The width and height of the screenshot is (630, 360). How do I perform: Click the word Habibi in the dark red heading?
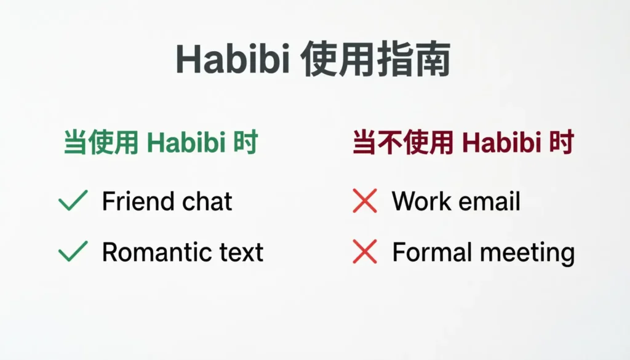500,143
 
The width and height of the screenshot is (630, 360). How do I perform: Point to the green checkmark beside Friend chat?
73,201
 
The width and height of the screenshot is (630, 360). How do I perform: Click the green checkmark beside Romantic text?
73,252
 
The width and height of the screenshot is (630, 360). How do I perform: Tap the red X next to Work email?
365,201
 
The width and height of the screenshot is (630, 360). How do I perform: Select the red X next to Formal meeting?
365,252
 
